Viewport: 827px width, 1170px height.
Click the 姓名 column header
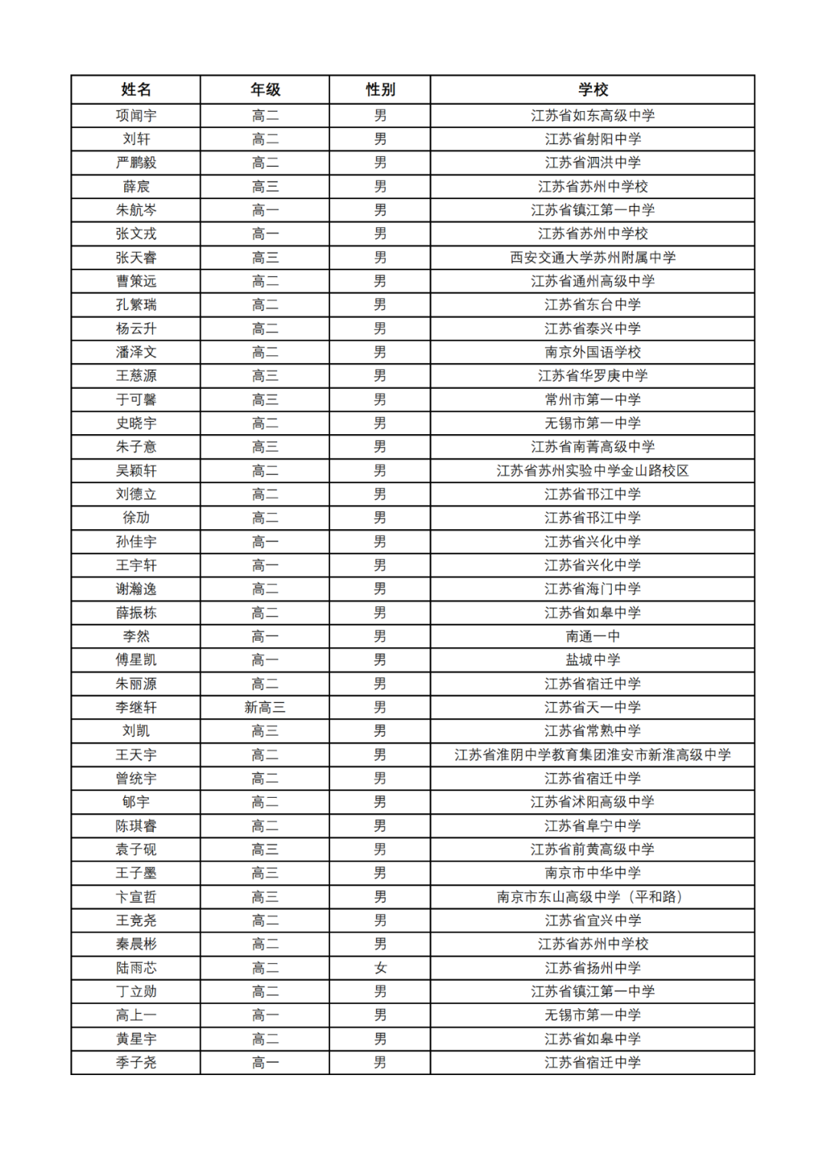(x=136, y=90)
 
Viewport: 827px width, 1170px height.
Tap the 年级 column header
(x=265, y=90)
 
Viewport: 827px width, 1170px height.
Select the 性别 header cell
(x=380, y=90)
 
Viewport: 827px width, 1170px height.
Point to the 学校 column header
(x=593, y=90)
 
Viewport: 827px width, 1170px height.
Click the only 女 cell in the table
(x=380, y=968)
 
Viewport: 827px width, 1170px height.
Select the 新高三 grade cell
(x=265, y=708)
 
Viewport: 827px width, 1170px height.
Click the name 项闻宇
(x=136, y=116)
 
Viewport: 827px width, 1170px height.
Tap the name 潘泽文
(x=136, y=352)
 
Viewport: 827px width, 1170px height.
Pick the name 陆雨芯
(x=136, y=968)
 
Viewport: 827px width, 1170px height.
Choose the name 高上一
(x=136, y=1015)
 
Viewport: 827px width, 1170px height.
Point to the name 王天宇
(x=136, y=755)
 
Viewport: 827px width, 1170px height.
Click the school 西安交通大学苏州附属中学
(x=593, y=257)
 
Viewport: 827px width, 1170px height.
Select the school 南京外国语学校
(x=593, y=352)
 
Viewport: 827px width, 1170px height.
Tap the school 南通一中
(x=593, y=636)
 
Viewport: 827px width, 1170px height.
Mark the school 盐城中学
(x=593, y=660)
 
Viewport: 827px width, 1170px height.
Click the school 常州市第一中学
(x=593, y=400)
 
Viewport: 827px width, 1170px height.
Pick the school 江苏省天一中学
(x=593, y=708)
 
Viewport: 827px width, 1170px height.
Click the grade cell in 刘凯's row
(x=265, y=731)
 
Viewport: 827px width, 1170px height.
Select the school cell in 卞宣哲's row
(x=593, y=897)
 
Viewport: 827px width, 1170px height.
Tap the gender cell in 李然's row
(x=380, y=636)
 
